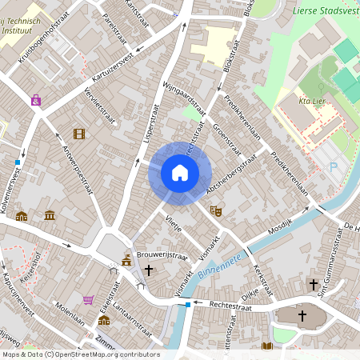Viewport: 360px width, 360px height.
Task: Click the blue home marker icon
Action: [x=180, y=173]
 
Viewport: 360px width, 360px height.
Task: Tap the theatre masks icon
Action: [x=214, y=210]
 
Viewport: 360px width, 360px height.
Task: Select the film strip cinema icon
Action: [x=78, y=134]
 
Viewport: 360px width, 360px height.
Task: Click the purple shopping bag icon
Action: [x=36, y=100]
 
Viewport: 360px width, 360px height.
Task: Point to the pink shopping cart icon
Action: [x=88, y=300]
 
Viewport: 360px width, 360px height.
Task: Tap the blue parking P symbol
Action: [x=333, y=167]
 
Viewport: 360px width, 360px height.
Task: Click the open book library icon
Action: [x=267, y=346]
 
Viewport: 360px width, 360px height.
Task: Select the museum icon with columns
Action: [x=50, y=215]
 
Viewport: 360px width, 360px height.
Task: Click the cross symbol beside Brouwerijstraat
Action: [x=149, y=272]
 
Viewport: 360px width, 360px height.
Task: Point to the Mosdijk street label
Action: [x=277, y=230]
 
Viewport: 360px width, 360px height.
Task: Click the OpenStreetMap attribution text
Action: [x=80, y=354]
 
